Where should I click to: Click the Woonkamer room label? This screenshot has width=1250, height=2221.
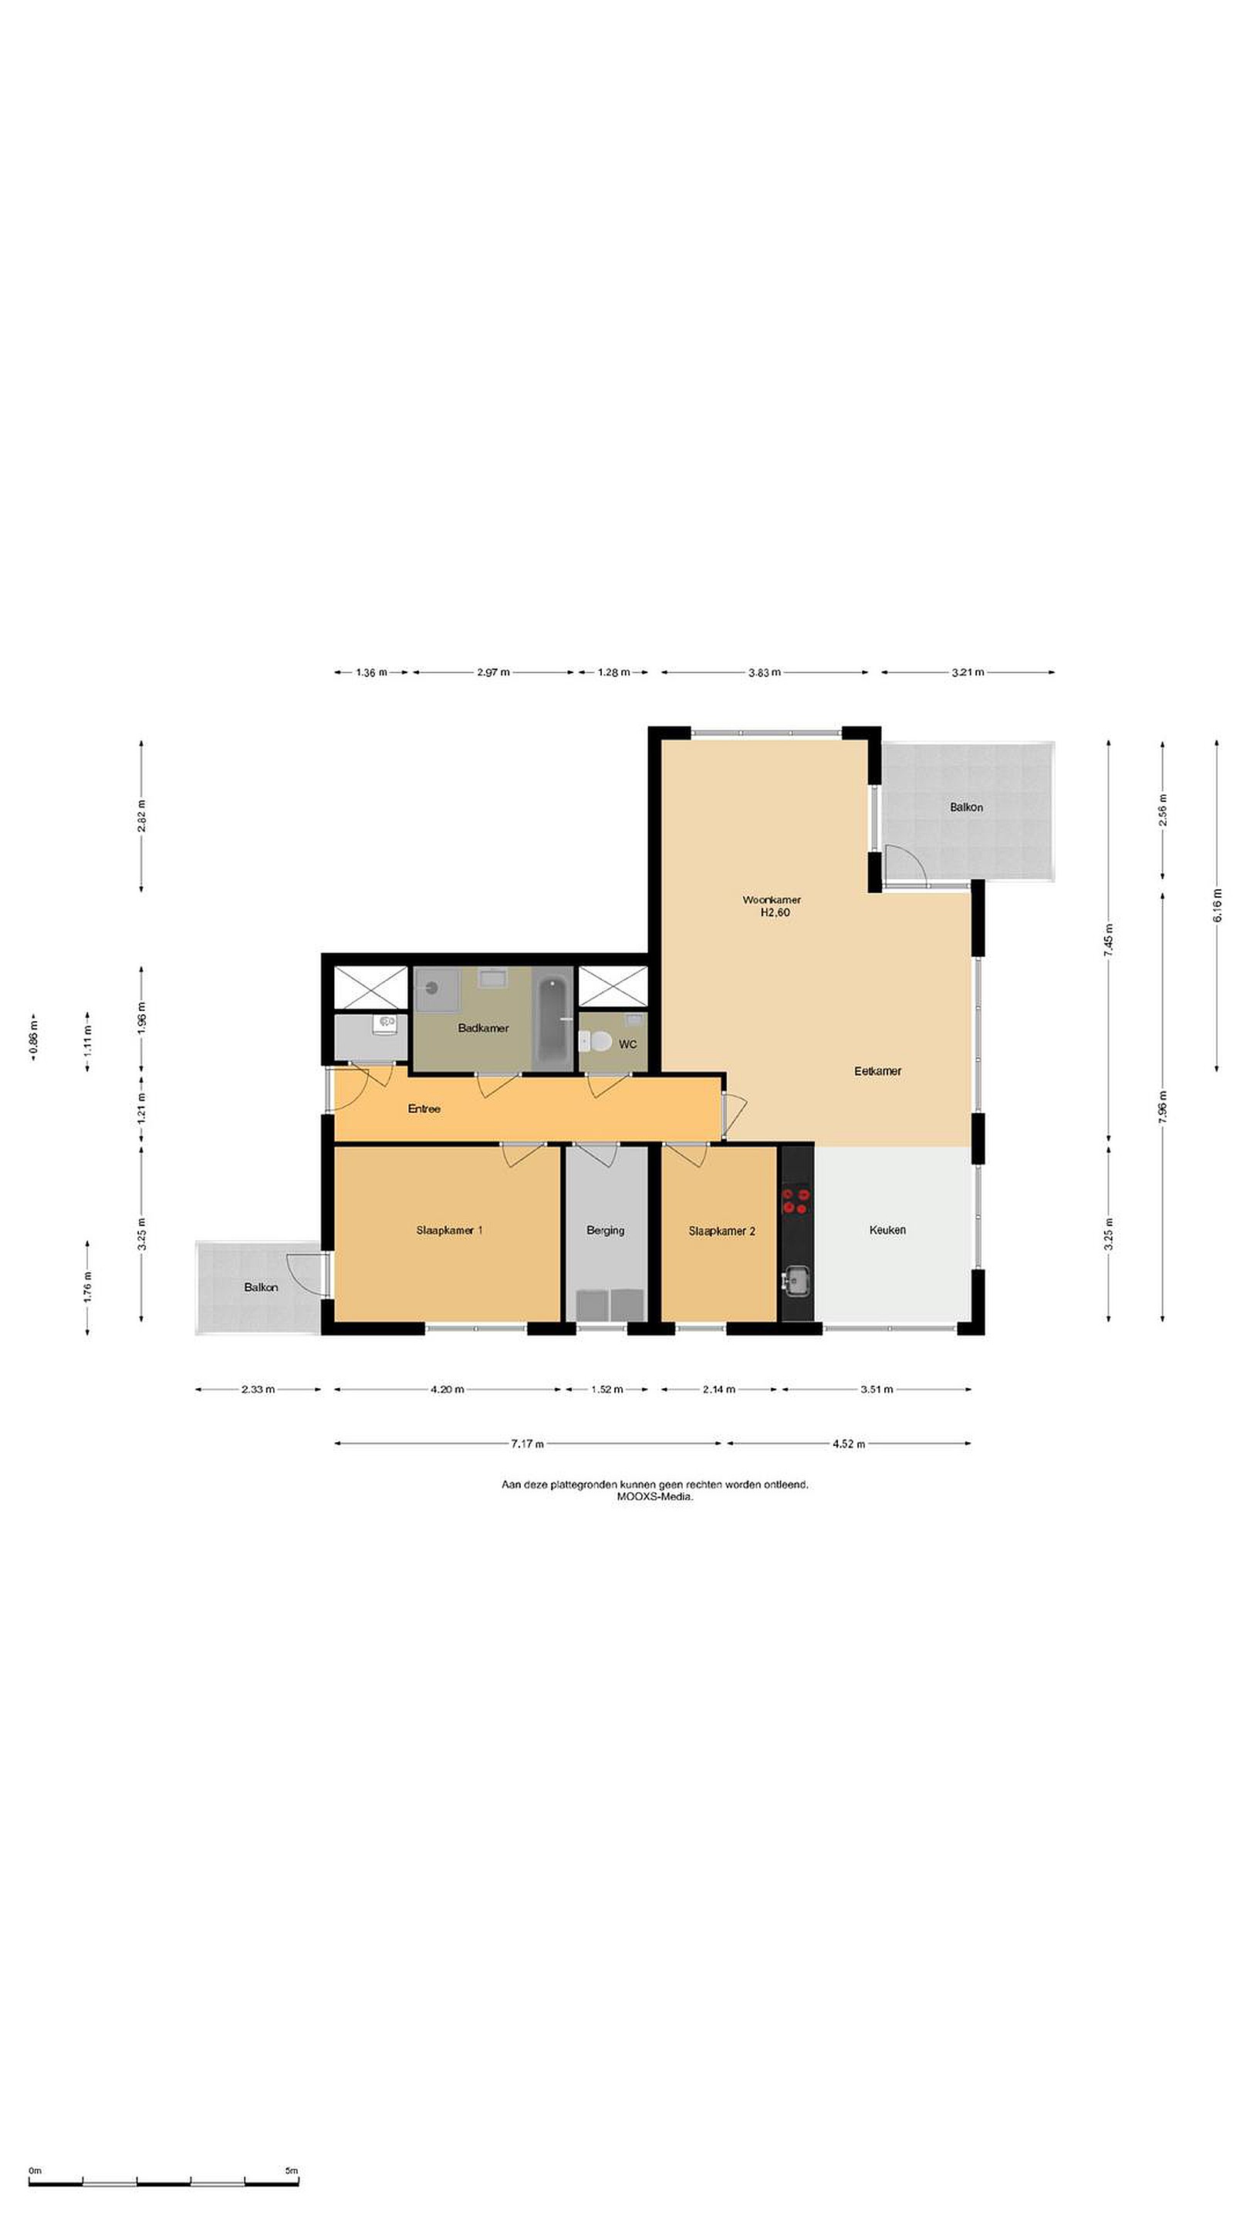(x=772, y=899)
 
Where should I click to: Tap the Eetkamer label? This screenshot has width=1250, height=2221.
(x=877, y=1071)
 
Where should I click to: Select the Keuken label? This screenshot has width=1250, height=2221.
(x=887, y=1229)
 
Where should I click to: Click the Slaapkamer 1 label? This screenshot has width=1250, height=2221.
(x=448, y=1229)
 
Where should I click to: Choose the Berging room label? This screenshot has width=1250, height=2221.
(x=605, y=1230)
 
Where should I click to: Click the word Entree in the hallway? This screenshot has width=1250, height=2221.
(x=424, y=1109)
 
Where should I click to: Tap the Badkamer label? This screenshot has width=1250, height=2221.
(x=483, y=1028)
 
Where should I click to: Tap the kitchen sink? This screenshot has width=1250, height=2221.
(x=796, y=1282)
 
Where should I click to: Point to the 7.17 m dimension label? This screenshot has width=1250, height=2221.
(x=527, y=1444)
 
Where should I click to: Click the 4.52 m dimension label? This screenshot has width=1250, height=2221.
(x=848, y=1444)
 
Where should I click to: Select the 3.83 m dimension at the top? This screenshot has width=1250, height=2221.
(x=765, y=672)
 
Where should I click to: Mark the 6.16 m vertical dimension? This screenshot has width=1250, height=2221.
(x=1218, y=905)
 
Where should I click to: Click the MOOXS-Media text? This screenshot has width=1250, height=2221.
(x=655, y=1496)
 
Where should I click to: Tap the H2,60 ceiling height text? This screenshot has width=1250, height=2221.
(x=775, y=912)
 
